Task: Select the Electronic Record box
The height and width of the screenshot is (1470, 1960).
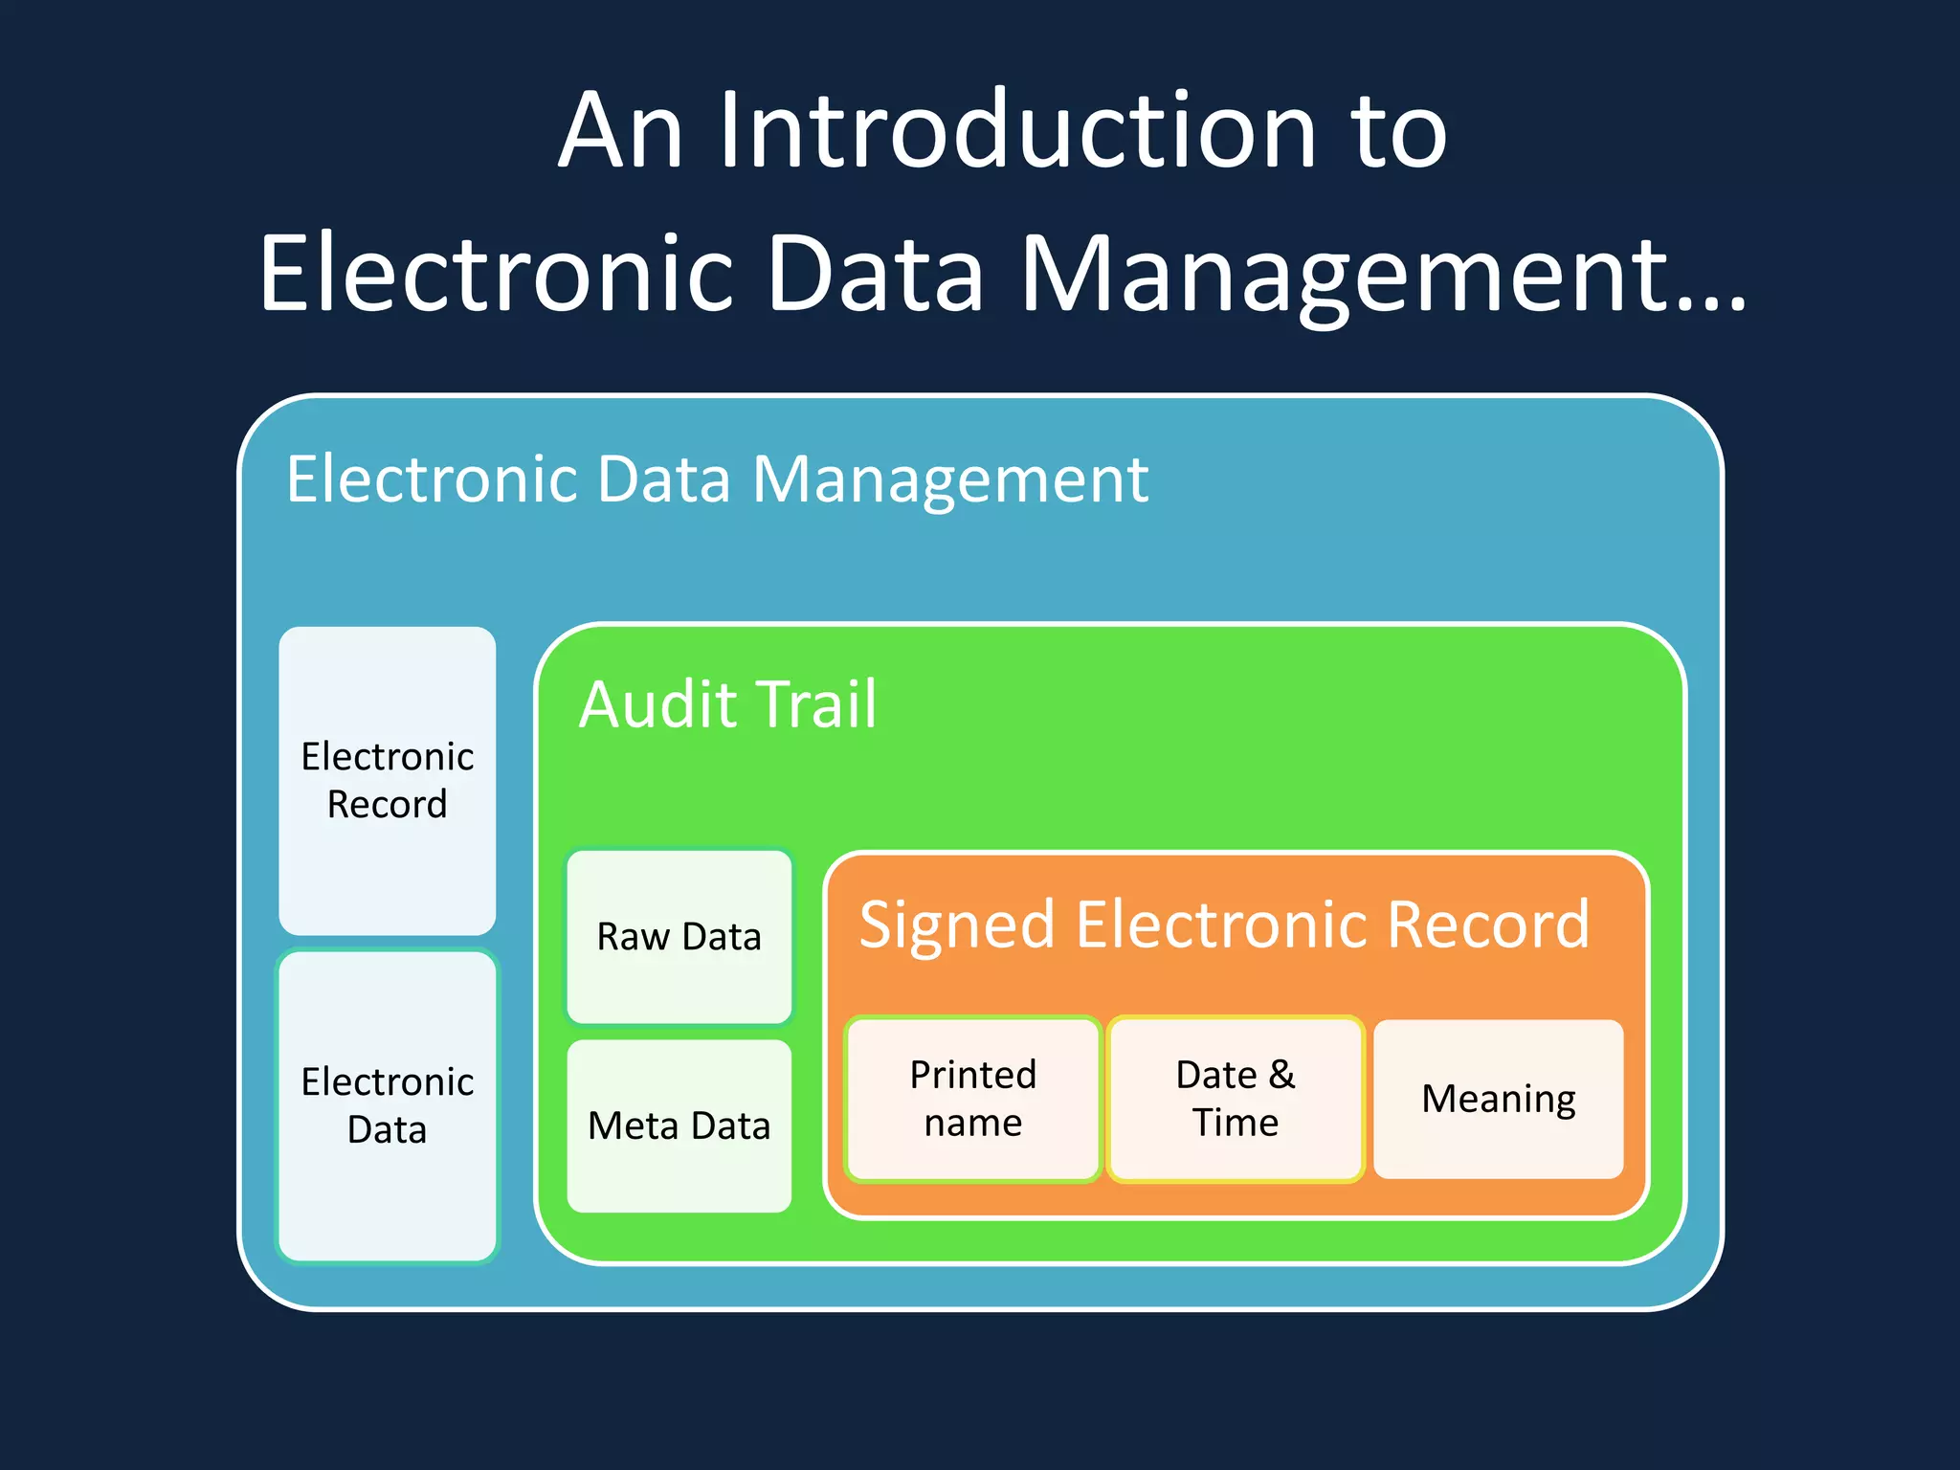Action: (x=387, y=780)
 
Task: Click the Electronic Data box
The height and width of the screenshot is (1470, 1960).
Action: (x=387, y=1105)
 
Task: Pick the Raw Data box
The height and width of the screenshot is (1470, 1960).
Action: (x=679, y=936)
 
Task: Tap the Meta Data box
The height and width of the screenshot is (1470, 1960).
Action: (x=679, y=1125)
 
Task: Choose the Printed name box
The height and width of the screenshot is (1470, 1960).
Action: (x=972, y=1099)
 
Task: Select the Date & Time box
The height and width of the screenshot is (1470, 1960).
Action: (x=1235, y=1099)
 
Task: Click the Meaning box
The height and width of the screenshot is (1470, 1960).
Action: (x=1498, y=1099)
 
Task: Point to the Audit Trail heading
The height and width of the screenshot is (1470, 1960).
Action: (x=727, y=704)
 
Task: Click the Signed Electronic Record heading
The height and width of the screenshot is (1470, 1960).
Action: (x=1223, y=924)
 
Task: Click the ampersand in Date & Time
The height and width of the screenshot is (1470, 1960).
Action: (x=1281, y=1075)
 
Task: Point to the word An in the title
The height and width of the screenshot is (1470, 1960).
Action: (x=620, y=131)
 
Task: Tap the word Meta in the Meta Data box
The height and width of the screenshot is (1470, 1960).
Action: (x=633, y=1125)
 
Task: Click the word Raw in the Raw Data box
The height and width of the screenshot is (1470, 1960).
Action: (x=633, y=936)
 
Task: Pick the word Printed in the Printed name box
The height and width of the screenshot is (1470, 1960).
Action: (x=972, y=1075)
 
